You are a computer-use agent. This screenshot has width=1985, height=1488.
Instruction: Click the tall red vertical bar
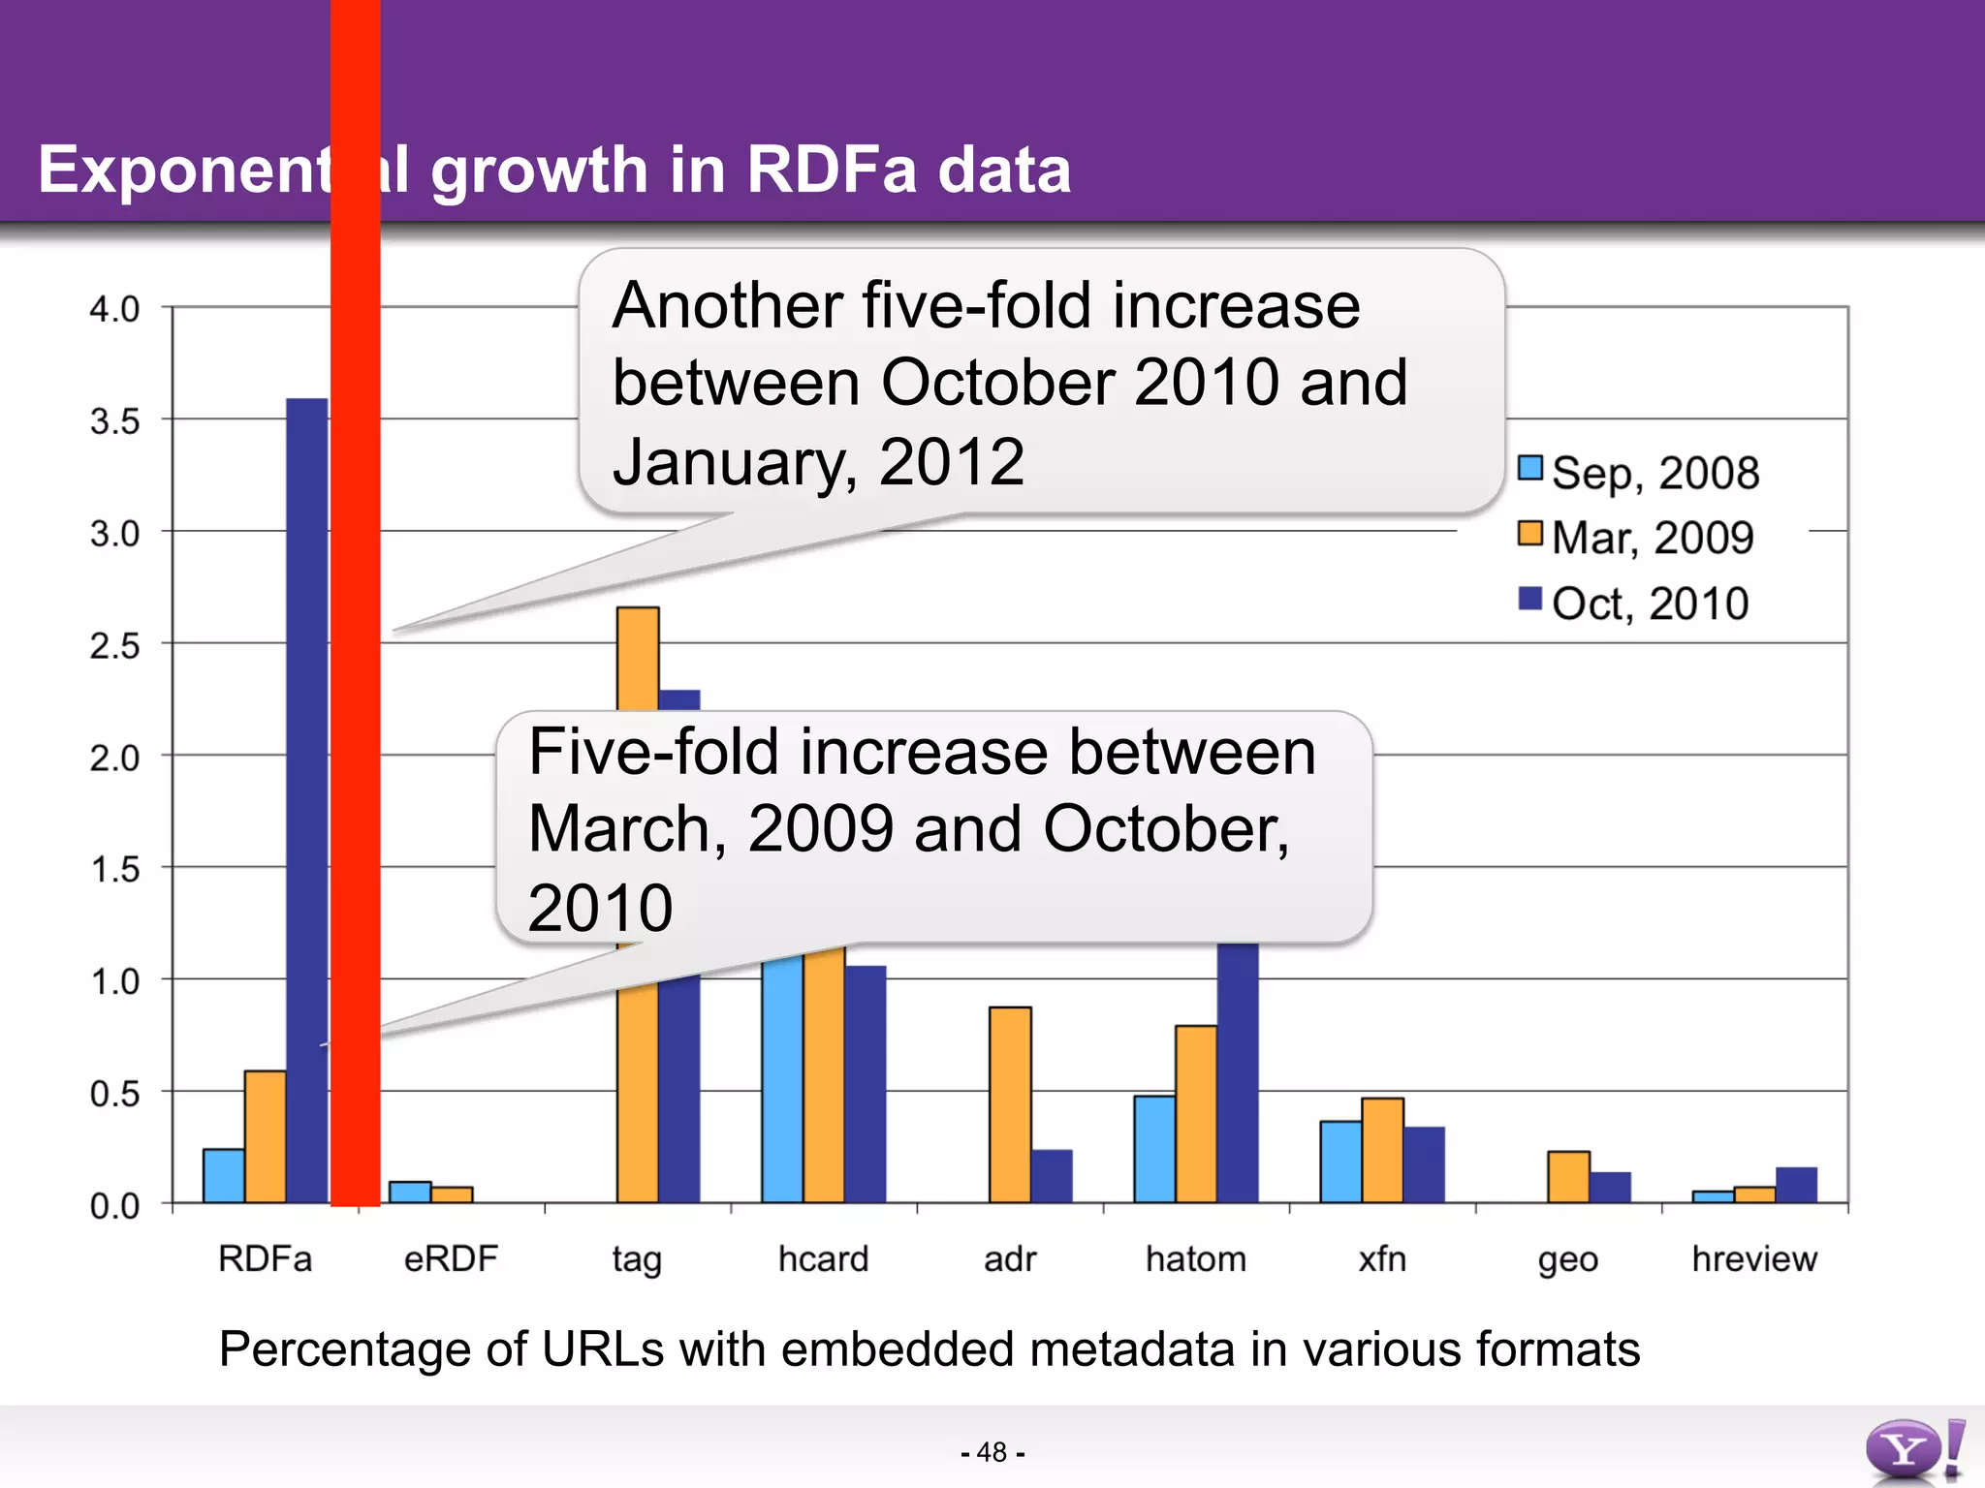[x=355, y=601]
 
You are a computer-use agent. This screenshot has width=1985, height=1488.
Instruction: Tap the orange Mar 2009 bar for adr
[x=1010, y=1104]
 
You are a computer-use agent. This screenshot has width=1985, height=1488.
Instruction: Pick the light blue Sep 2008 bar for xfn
[x=1340, y=1162]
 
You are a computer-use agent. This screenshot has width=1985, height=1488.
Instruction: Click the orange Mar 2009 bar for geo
[x=1568, y=1176]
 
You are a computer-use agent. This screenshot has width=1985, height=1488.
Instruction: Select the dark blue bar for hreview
[x=1796, y=1185]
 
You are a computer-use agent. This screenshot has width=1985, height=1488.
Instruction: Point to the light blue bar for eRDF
[x=410, y=1192]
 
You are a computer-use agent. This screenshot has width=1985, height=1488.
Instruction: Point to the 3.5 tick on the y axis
[x=115, y=421]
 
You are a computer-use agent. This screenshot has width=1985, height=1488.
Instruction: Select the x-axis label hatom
[x=1195, y=1259]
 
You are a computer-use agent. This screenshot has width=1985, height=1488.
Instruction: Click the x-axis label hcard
[x=823, y=1259]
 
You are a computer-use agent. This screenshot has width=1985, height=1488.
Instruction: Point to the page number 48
[x=992, y=1452]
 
